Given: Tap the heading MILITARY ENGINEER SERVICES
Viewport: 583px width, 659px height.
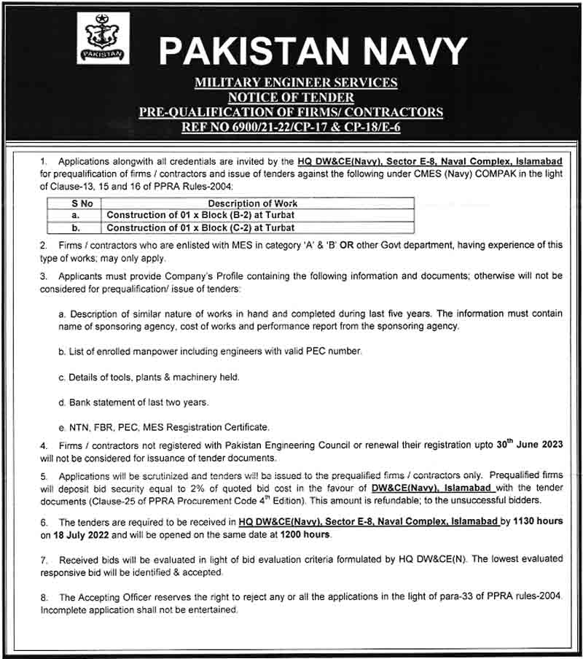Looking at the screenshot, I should (296, 82).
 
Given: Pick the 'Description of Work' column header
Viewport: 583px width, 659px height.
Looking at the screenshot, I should (253, 204).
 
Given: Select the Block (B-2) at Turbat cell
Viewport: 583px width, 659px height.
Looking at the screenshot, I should (202, 216).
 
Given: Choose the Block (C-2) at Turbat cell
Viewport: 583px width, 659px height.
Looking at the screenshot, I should (202, 227).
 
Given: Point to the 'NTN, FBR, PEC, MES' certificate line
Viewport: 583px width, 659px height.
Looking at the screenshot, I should (164, 427).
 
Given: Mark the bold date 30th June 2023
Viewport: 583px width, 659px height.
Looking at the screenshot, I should (536, 444).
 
